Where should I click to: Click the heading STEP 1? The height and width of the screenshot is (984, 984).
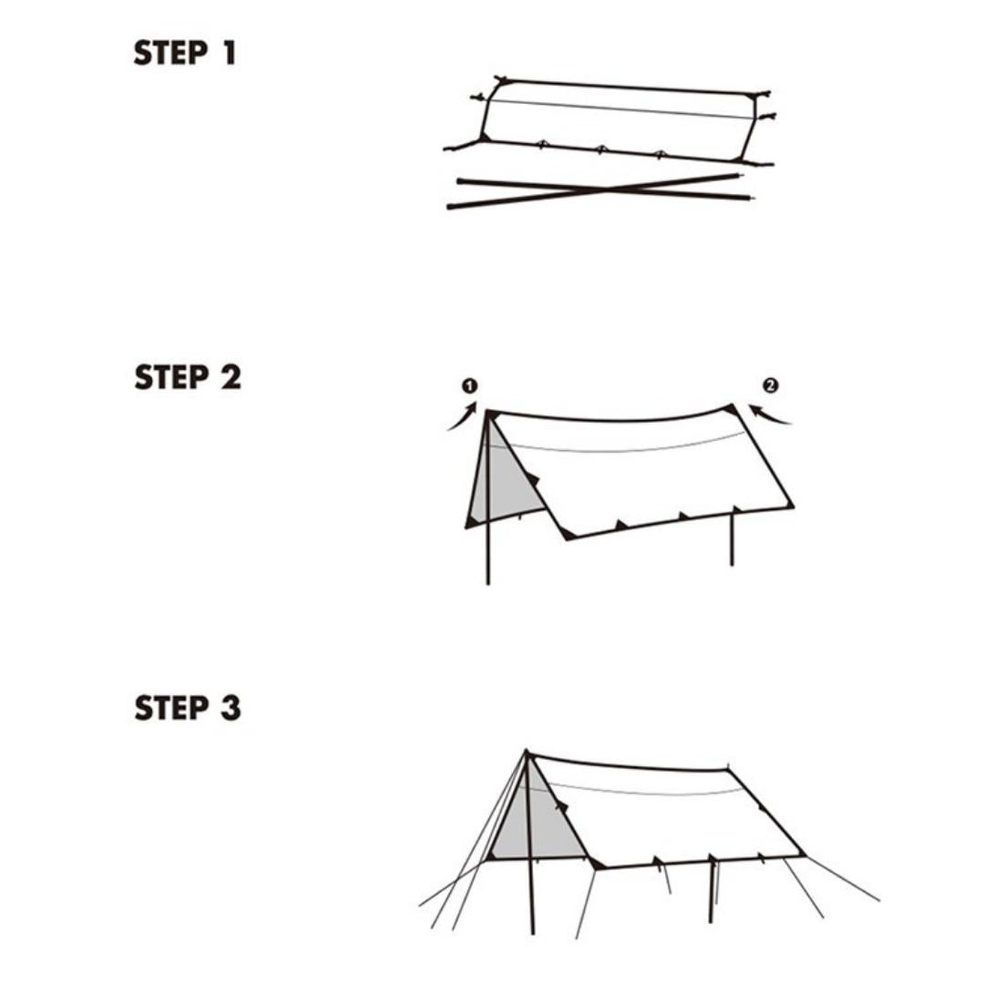coord(185,53)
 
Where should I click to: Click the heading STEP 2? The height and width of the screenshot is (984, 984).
coord(188,377)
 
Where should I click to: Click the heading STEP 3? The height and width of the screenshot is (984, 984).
coord(188,708)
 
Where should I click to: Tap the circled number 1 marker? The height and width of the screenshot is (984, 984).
coord(470,386)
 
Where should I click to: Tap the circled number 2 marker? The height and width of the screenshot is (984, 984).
coord(771,386)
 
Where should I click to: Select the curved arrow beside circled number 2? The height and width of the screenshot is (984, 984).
coord(771,415)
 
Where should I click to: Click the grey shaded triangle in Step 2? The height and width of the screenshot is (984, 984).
coord(497,483)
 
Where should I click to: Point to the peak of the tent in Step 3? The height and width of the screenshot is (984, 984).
coord(527,753)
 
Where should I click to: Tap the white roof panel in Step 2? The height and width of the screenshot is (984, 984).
coord(647,474)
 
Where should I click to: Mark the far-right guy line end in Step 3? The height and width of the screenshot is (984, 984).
coord(878,900)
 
